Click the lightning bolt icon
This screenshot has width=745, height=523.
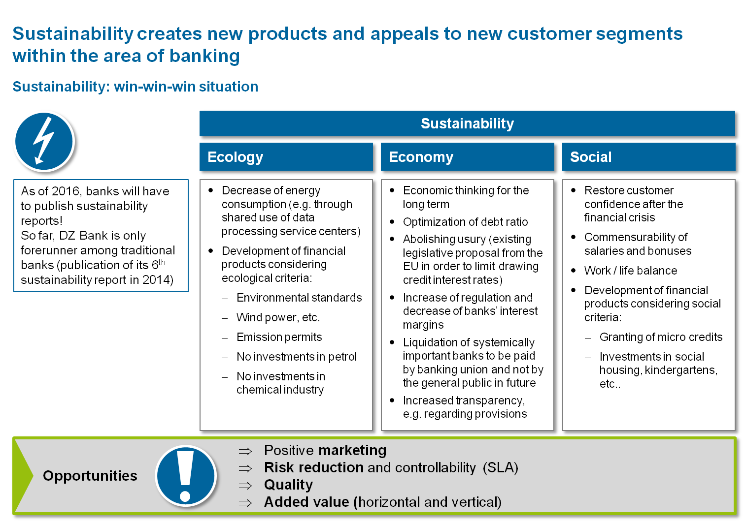(x=44, y=142)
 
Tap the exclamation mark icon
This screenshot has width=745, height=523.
(x=186, y=475)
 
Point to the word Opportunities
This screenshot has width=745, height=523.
(x=90, y=476)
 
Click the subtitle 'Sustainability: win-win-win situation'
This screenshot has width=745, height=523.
(x=135, y=87)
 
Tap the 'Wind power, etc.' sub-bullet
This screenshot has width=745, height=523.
(x=278, y=317)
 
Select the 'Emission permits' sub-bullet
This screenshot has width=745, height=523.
(x=279, y=337)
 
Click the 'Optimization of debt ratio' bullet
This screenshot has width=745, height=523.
(x=465, y=222)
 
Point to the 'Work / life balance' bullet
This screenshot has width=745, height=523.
(x=631, y=271)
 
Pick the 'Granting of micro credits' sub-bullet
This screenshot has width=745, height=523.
(x=661, y=337)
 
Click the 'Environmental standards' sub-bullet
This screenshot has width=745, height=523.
(x=299, y=298)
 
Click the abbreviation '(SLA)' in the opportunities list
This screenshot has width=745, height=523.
(x=500, y=467)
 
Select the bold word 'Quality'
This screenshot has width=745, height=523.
(x=288, y=485)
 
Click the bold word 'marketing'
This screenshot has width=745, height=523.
(x=353, y=451)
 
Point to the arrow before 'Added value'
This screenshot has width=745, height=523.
(x=245, y=503)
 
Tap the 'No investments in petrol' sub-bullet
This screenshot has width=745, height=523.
(x=296, y=357)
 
